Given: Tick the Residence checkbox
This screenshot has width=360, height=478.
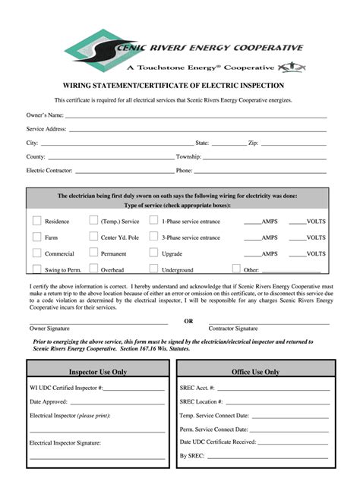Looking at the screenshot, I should click(x=36, y=221).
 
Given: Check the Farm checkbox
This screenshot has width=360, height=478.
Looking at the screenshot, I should click(x=36, y=237).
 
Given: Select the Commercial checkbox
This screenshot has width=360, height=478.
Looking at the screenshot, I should click(x=36, y=253).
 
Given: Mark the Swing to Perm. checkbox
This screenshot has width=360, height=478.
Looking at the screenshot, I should click(x=36, y=269).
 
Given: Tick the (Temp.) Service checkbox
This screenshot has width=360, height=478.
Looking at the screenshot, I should click(x=93, y=221).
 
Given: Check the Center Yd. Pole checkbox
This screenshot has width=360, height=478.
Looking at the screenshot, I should click(x=93, y=237).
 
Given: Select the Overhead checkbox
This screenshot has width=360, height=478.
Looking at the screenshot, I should click(x=93, y=269).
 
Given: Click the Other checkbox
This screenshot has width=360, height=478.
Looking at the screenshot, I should click(x=236, y=269).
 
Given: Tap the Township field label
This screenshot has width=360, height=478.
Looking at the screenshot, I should click(x=188, y=156).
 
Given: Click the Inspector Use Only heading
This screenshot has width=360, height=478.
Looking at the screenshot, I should click(x=98, y=372).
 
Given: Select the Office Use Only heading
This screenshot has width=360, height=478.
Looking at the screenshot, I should click(x=256, y=372).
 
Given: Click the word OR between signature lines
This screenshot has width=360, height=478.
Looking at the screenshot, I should click(x=188, y=321).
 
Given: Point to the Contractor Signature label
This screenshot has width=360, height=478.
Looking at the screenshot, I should click(x=233, y=329).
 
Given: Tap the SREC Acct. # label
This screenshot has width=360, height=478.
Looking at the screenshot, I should click(x=197, y=387).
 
